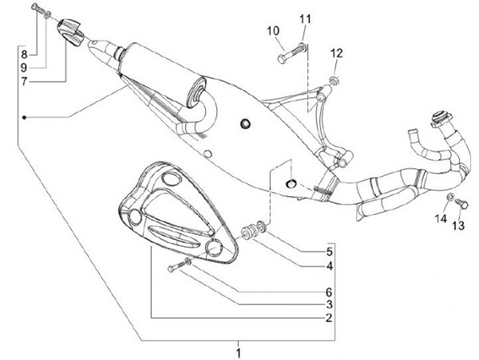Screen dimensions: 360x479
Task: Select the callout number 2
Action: point(328,318)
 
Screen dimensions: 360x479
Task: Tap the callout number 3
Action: point(328,304)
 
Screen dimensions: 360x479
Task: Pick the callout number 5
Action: point(328,252)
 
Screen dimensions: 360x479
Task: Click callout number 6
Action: point(328,291)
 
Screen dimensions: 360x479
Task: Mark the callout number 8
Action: point(24,53)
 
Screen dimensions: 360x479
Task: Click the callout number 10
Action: point(273,31)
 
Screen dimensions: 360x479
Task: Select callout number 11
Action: point(305,17)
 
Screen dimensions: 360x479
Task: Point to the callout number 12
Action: point(337,53)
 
